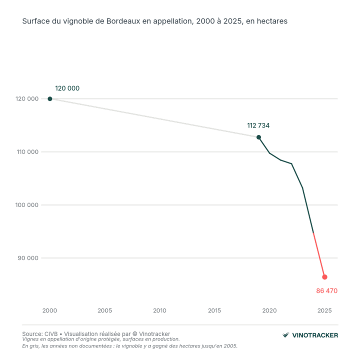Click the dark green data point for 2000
[50, 98]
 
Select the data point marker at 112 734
[258, 137]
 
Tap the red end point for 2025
[324, 277]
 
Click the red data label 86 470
[326, 291]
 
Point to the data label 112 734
[258, 125]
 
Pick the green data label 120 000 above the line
[67, 88]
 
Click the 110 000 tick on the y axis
[27, 152]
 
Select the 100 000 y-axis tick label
[27, 205]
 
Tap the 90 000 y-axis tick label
[28, 258]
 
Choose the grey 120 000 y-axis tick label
[27, 98]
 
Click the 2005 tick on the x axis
[104, 310]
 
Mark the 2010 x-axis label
[159, 310]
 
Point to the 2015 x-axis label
[214, 310]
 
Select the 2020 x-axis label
[269, 310]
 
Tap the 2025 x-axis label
[324, 310]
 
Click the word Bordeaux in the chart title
[123, 21]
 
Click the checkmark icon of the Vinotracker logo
[286, 335]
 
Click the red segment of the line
[319, 255]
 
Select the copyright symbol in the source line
[135, 334]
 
